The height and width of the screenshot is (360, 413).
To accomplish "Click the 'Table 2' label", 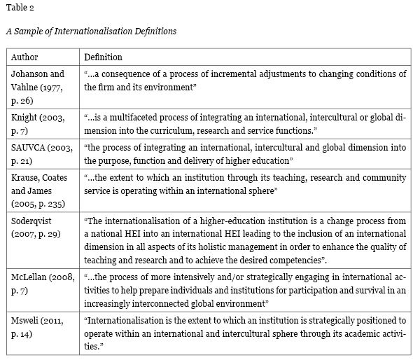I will pos(19,8).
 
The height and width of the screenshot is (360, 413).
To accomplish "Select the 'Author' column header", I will pos(24,57).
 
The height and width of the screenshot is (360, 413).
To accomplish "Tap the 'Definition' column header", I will pos(103,57).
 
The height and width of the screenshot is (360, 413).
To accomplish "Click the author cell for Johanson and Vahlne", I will pos(38,81).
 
